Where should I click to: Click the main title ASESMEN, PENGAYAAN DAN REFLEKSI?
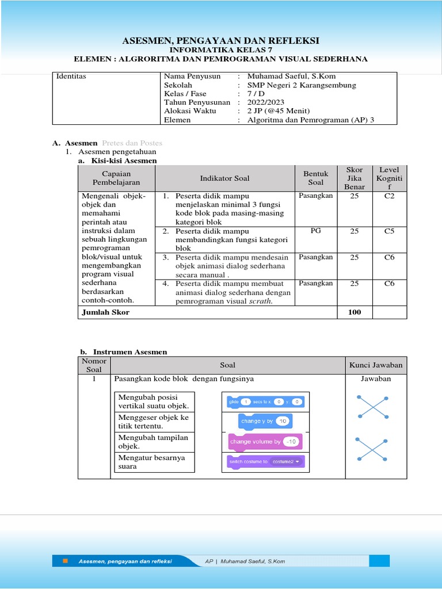220,40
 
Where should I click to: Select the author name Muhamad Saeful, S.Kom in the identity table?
291,76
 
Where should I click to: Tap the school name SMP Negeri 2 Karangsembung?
302,85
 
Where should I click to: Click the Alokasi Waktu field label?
189,111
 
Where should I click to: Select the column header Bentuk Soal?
315,178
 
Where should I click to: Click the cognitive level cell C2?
389,196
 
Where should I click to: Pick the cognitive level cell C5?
389,231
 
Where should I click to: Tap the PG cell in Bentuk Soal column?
315,230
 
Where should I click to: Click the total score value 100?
355,312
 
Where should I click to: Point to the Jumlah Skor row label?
105,312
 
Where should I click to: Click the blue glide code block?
265,402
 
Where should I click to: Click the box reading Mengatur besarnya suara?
155,462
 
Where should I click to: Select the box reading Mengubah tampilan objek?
155,442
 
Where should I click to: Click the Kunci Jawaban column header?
376,365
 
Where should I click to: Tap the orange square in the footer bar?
65,561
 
